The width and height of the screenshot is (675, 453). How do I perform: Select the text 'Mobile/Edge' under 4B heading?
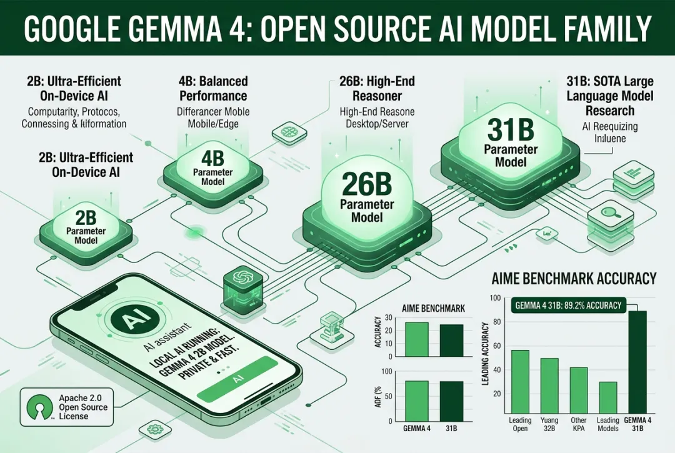click(205, 123)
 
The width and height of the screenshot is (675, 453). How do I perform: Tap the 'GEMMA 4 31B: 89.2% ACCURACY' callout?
click(568, 306)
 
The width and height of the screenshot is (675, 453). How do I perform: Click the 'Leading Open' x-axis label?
click(519, 424)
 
